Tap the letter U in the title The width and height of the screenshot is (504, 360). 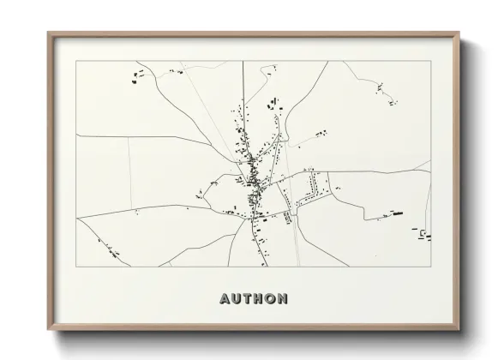point(237,299)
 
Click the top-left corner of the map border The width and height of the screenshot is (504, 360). point(76,61)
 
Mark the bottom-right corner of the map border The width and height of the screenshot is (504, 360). point(431,267)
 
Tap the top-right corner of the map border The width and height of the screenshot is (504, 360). point(431,61)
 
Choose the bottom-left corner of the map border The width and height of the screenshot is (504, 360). point(76,267)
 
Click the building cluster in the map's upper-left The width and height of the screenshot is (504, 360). point(137,76)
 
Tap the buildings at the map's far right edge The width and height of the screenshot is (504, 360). point(424,232)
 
